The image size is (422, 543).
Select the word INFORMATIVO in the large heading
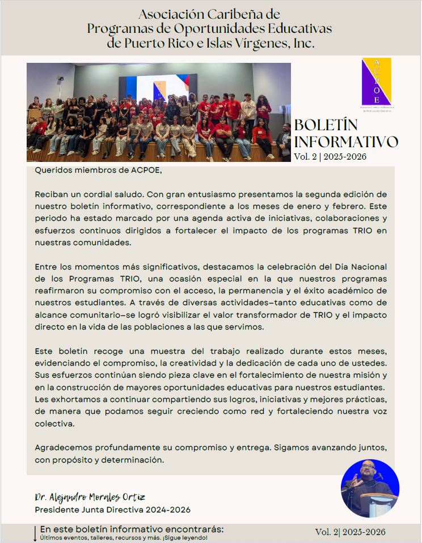tap(346, 142)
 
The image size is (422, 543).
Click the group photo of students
tap(158, 112)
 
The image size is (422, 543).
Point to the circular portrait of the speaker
tap(370, 488)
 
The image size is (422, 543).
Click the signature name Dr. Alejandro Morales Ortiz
tap(98, 497)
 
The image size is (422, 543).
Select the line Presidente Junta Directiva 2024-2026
tap(112, 510)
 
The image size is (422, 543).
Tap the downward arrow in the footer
tap(35, 533)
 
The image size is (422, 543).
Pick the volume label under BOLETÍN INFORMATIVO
tap(330, 157)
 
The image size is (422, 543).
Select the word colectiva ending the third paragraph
tap(54, 423)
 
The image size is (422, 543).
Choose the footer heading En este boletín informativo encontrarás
tap(132, 529)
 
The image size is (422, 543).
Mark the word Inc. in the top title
tap(301, 43)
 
